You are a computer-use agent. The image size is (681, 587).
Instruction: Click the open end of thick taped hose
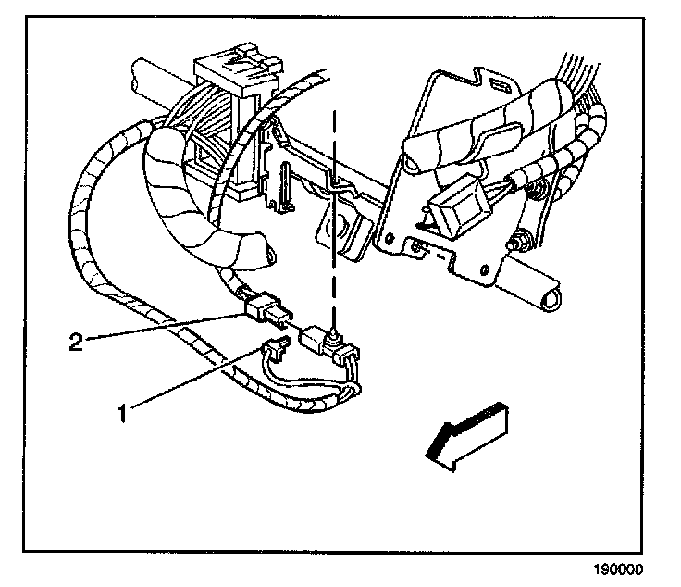pyautogui.click(x=268, y=253)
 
